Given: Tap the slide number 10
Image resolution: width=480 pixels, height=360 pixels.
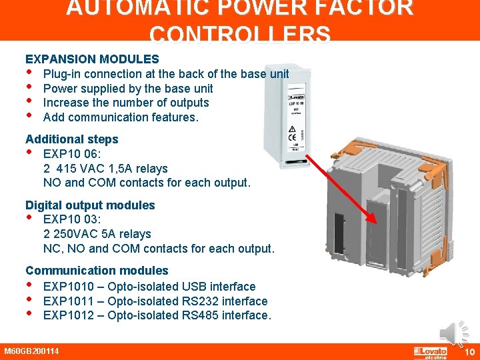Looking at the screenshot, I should [x=469, y=351].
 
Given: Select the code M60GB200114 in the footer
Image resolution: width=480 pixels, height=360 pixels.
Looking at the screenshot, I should [x=31, y=351].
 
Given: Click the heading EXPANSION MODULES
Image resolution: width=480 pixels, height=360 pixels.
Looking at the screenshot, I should [x=92, y=59].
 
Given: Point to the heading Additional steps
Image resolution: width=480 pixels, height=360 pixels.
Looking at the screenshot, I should [x=71, y=139].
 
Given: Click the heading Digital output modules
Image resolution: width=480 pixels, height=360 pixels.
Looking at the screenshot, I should [x=90, y=205].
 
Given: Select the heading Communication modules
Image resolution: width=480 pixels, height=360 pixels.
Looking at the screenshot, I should [x=97, y=271].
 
